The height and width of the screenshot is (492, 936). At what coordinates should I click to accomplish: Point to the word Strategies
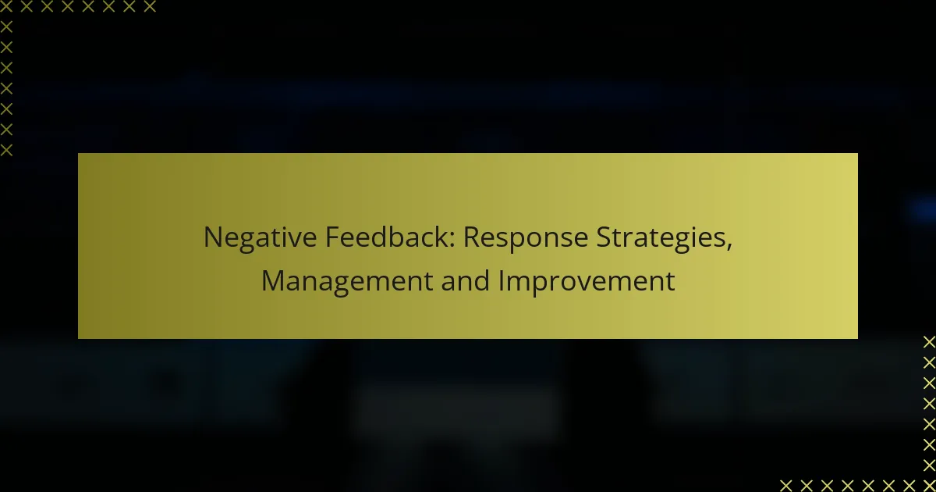(x=661, y=238)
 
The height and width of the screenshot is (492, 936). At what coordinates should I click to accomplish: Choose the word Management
(x=347, y=282)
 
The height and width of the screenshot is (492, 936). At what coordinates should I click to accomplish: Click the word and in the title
(x=465, y=280)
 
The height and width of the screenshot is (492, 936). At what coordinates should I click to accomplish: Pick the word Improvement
(x=587, y=282)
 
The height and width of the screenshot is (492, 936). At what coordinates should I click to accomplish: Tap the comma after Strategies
(x=729, y=248)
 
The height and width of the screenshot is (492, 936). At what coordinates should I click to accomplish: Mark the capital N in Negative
(x=212, y=237)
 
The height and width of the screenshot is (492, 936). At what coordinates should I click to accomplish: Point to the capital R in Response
(x=471, y=237)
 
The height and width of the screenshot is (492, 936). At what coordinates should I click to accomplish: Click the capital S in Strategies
(x=604, y=237)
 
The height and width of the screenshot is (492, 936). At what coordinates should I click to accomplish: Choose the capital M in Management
(x=272, y=281)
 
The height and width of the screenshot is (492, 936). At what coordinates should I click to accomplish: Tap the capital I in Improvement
(x=501, y=281)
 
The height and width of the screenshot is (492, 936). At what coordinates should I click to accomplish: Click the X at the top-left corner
(x=6, y=6)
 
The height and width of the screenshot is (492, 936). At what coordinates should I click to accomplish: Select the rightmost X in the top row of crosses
(x=150, y=6)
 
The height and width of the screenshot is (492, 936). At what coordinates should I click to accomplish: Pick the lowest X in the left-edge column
(x=6, y=150)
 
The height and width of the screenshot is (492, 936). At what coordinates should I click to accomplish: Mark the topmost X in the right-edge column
(x=929, y=342)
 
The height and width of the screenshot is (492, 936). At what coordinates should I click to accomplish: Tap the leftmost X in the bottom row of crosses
(x=786, y=485)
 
